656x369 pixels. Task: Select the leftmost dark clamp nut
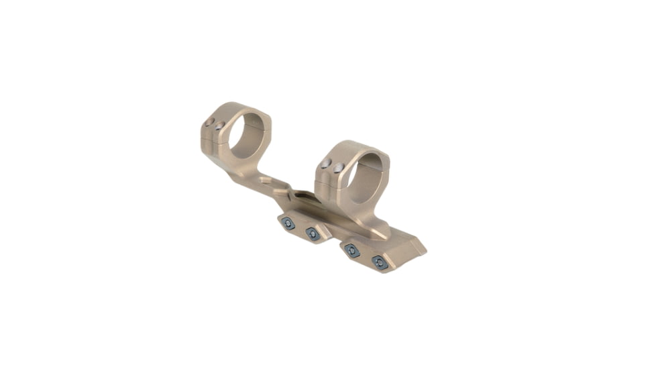click(288, 224)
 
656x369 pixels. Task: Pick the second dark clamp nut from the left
click(312, 233)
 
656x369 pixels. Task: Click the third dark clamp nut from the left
click(350, 250)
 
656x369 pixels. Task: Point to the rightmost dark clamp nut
click(379, 262)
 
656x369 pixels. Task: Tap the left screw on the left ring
click(209, 122)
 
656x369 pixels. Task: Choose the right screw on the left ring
click(219, 126)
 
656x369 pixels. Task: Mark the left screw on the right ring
click(325, 164)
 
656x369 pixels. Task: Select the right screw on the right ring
click(339, 168)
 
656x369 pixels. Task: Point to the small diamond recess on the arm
click(266, 179)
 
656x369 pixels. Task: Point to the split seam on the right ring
click(329, 179)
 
